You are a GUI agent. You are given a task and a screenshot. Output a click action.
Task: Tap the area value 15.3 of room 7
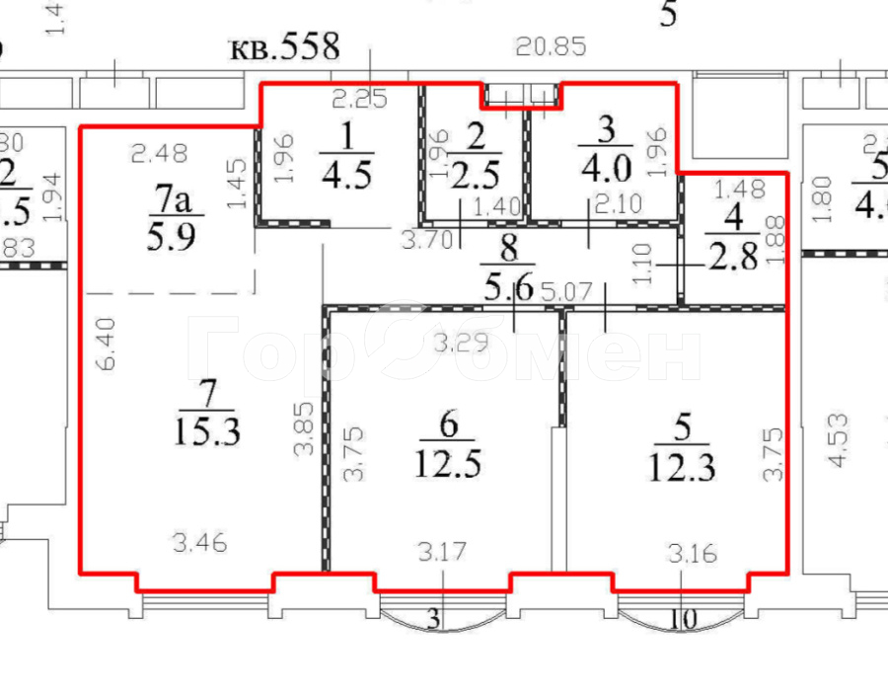point(206,430)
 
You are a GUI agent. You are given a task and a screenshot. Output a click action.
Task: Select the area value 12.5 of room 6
point(450,461)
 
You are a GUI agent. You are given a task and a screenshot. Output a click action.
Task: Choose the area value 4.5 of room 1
point(345,174)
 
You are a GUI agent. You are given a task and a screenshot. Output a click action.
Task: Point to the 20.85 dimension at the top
point(553,45)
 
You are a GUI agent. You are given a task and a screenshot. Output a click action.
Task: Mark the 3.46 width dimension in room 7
point(199,541)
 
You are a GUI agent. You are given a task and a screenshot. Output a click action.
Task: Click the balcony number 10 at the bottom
point(683,620)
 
